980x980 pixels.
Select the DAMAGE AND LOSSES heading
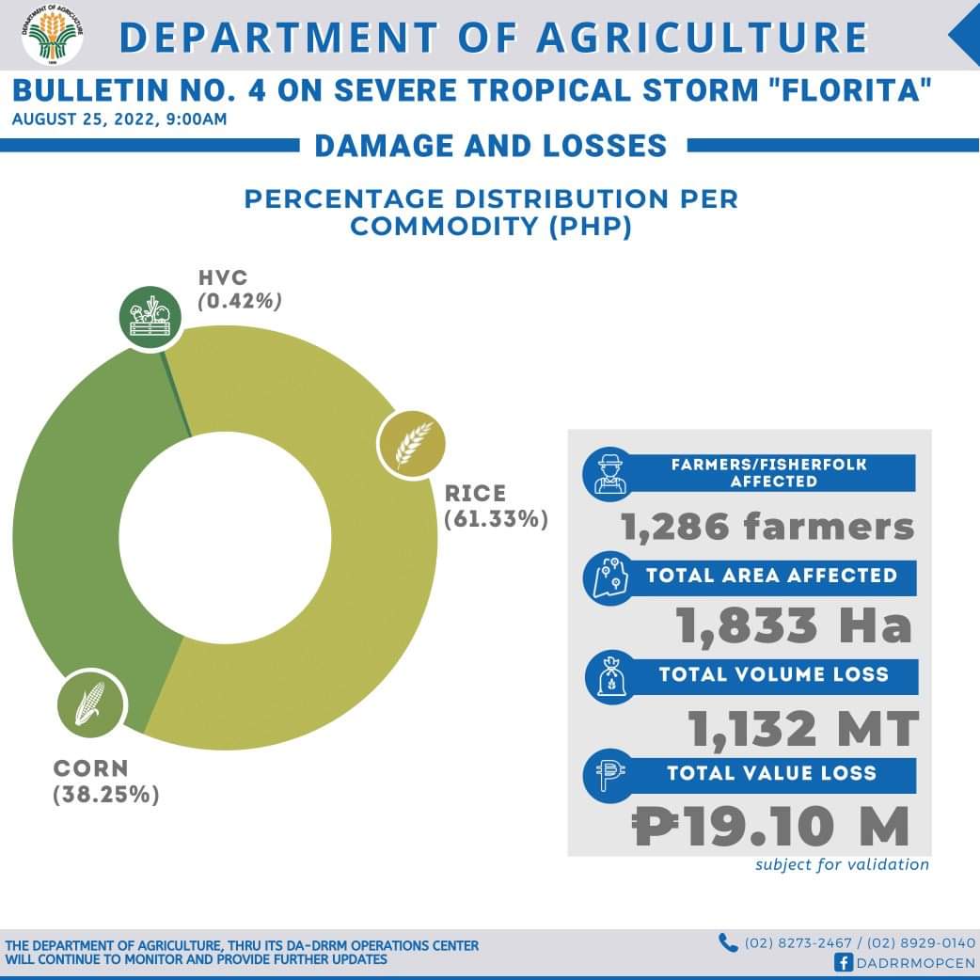(490, 146)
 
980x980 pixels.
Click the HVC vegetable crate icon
(150, 317)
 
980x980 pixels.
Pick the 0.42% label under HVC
(240, 301)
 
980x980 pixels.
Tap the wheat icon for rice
(411, 444)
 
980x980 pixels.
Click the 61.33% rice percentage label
(497, 518)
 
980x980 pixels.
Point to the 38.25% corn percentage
(106, 795)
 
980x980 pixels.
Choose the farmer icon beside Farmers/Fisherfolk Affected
(610, 473)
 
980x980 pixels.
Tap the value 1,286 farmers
(767, 527)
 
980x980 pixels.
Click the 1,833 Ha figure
(795, 625)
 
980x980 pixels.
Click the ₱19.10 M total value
(771, 828)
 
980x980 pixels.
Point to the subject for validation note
(842, 864)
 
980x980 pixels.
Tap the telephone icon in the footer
(728, 942)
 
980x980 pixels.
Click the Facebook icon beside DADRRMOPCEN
(844, 962)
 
